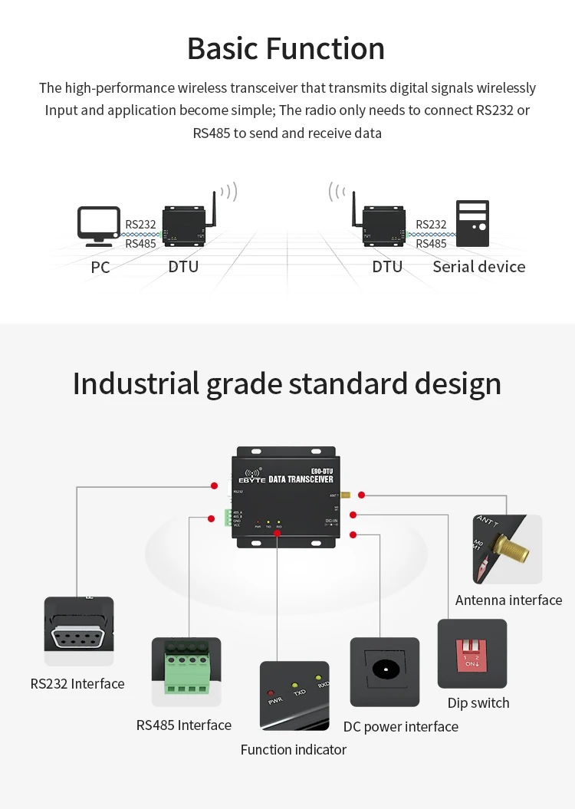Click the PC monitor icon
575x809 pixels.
tap(99, 225)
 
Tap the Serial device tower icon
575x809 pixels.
tap(472, 223)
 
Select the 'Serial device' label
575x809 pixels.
tap(479, 267)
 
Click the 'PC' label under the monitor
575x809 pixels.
tap(100, 268)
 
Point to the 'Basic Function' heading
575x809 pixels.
tap(286, 48)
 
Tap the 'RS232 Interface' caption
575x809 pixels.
tap(77, 683)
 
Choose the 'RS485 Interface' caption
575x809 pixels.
tap(184, 725)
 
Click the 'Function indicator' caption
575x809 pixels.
tap(294, 749)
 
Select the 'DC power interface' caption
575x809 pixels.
tap(400, 726)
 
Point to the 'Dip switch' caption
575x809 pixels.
tap(478, 702)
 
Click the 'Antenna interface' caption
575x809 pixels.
tap(508, 600)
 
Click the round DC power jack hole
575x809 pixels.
tap(385, 669)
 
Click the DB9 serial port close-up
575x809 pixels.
tap(79, 636)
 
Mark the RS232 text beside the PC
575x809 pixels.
tap(140, 225)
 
